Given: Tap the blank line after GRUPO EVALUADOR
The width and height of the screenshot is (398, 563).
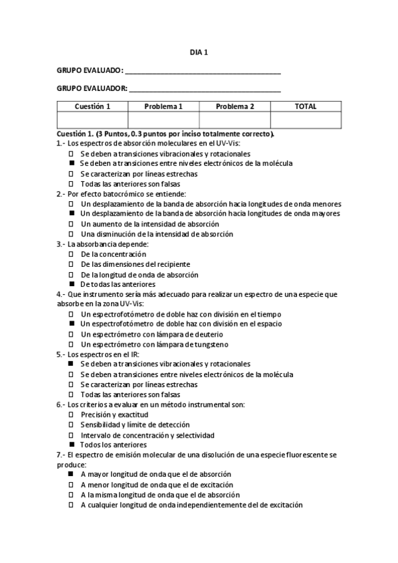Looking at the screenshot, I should coord(204,89).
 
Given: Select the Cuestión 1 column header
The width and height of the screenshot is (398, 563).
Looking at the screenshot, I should coord(92,106).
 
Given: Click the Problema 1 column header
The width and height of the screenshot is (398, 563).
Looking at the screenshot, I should coord(163,106).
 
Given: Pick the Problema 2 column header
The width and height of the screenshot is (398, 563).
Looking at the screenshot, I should coord(235,106).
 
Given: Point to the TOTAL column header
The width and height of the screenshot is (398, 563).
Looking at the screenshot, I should coord(306,106).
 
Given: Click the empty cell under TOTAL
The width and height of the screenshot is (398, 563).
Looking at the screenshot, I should coord(306,119).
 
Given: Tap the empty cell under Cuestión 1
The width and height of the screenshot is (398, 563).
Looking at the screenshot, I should coord(92,119).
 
